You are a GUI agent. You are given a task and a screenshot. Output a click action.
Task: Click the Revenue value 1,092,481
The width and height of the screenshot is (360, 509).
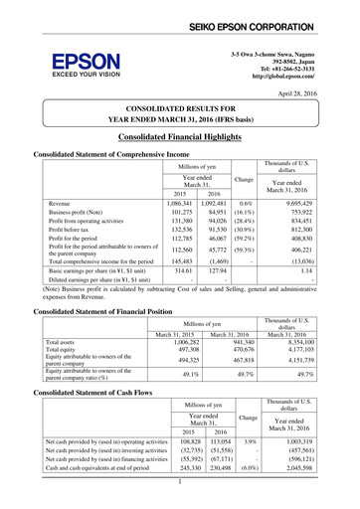(225, 201)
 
